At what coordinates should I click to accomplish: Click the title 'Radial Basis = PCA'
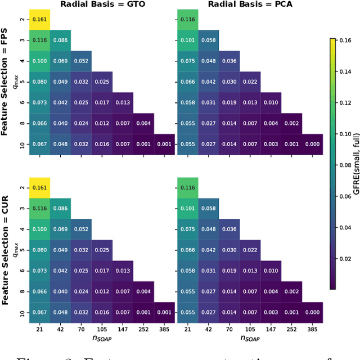pyautogui.click(x=250, y=4)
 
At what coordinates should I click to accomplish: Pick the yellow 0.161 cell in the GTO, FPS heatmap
pyautogui.click(x=39, y=20)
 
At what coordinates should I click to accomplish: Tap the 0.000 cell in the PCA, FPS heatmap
pyautogui.click(x=312, y=144)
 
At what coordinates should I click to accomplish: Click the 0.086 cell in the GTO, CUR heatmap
pyautogui.click(x=60, y=208)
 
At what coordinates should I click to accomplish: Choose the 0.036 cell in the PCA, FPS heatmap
pyautogui.click(x=229, y=61)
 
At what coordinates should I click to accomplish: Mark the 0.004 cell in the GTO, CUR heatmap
pyautogui.click(x=143, y=291)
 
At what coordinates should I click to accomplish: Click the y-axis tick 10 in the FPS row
pyautogui.click(x=22, y=144)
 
